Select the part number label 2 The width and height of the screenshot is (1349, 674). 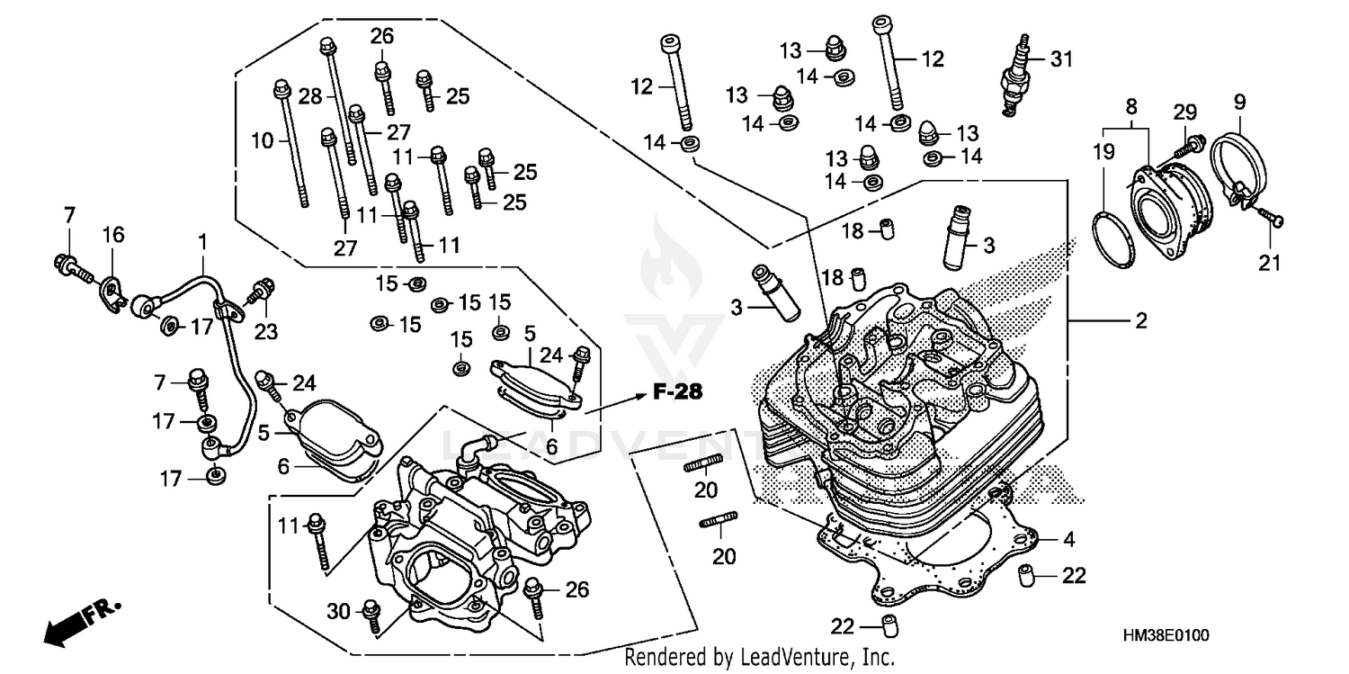[x=1141, y=320]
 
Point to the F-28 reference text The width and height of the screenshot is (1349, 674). [x=665, y=392]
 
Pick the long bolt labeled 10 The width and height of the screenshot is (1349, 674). [x=291, y=144]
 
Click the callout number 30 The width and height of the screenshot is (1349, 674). [x=337, y=611]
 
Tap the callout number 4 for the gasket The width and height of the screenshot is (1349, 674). [x=1068, y=540]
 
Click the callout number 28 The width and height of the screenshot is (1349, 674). [x=310, y=95]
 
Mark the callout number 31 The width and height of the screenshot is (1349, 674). [x=1062, y=59]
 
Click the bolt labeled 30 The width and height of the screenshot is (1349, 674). [x=371, y=613]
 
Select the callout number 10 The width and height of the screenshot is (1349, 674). [x=262, y=140]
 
